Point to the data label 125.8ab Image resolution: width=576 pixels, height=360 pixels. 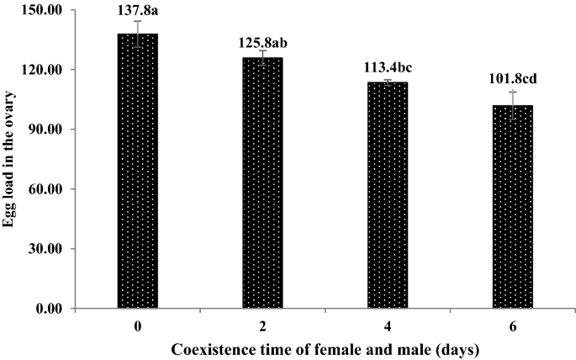pos(262,40)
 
